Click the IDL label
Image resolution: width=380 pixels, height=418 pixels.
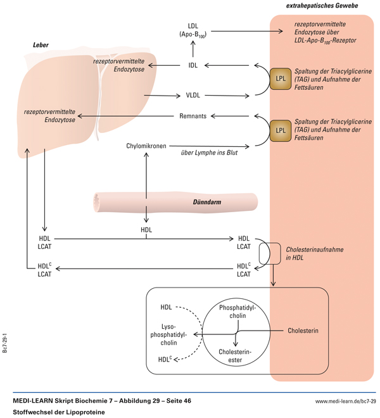(193, 65)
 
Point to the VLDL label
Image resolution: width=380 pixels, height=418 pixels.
(193, 96)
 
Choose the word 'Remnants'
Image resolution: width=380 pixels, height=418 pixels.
(194, 116)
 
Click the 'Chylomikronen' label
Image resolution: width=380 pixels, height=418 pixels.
(146, 146)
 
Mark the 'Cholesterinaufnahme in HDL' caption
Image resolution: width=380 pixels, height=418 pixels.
(315, 254)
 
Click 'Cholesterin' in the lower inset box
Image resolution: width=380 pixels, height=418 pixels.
(303, 331)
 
